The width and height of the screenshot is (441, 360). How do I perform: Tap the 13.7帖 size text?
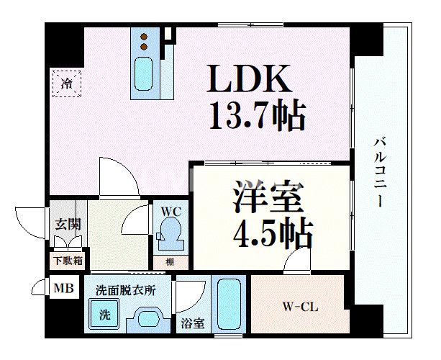point(256,115)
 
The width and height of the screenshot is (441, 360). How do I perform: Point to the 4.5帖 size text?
point(272,232)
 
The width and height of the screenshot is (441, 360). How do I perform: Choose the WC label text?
point(170,212)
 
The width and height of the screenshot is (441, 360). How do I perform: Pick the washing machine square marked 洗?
point(103,315)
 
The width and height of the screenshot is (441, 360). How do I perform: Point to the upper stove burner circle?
point(144,37)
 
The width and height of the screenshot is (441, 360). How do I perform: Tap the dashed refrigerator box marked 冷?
point(67,83)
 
